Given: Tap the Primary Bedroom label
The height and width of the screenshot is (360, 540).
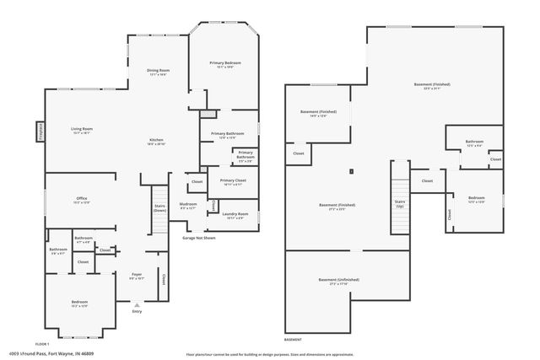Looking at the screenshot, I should [x=223, y=64].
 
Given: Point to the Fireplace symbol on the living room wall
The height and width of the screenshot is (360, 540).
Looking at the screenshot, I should [x=40, y=132].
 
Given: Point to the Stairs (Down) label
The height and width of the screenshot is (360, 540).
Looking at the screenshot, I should [x=159, y=207].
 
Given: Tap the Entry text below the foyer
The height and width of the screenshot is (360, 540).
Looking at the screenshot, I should [x=137, y=311].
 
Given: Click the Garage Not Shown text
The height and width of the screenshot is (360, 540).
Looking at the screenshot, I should [x=199, y=238].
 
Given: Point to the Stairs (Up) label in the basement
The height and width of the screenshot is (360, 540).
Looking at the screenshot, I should [x=400, y=205].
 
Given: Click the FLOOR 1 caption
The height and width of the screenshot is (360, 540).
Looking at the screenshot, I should [x=42, y=344].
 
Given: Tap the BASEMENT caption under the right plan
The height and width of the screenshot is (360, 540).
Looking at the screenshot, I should [x=293, y=339].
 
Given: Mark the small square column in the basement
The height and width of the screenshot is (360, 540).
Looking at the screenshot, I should [x=350, y=172].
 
